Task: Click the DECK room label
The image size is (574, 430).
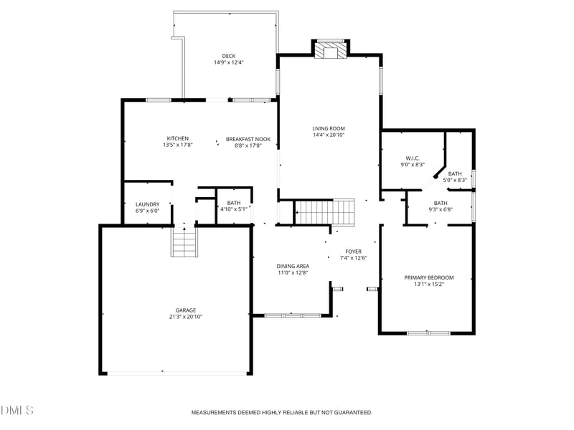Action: pyautogui.click(x=228, y=56)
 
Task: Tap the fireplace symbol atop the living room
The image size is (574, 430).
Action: pyautogui.click(x=331, y=50)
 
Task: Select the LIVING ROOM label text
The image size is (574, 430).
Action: pyautogui.click(x=329, y=128)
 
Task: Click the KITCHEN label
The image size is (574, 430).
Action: pyautogui.click(x=178, y=138)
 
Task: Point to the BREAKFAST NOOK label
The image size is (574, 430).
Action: pyautogui.click(x=248, y=138)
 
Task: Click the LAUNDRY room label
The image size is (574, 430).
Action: pyautogui.click(x=147, y=204)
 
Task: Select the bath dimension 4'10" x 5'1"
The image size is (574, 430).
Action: pyautogui.click(x=234, y=209)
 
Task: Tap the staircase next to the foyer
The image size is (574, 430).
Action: pyautogui.click(x=325, y=212)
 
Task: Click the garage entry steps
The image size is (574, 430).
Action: pyautogui.click(x=184, y=242)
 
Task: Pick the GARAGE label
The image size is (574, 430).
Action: pyautogui.click(x=185, y=310)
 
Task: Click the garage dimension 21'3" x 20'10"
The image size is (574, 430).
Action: pyautogui.click(x=185, y=317)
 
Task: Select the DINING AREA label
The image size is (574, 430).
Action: pyautogui.click(x=293, y=266)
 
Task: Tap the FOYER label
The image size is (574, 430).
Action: pyautogui.click(x=353, y=252)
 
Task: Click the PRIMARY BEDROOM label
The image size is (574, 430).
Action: pyautogui.click(x=429, y=277)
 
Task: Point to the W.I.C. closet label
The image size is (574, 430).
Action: pyautogui.click(x=412, y=158)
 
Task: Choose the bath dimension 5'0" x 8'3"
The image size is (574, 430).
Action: pyautogui.click(x=455, y=180)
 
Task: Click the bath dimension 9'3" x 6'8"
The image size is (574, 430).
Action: pyautogui.click(x=439, y=210)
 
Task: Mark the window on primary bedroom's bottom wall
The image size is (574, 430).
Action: pyautogui.click(x=428, y=333)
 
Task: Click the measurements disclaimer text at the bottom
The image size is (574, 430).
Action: pyautogui.click(x=281, y=413)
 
